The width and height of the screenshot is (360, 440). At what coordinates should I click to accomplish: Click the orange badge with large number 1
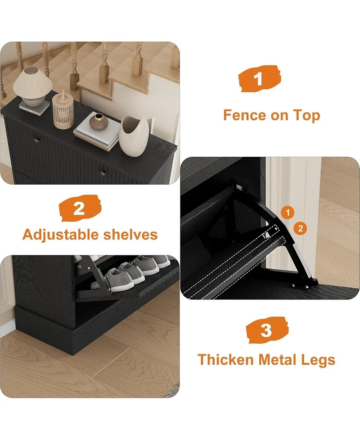[258, 79]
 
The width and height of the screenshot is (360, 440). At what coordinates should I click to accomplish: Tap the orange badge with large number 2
[79, 208]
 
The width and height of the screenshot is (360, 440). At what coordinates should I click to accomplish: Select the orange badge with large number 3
[266, 331]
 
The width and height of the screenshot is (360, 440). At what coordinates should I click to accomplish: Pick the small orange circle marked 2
[301, 228]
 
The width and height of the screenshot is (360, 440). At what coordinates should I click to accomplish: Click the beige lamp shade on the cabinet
[31, 80]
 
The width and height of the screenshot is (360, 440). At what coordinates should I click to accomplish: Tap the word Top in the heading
[305, 115]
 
